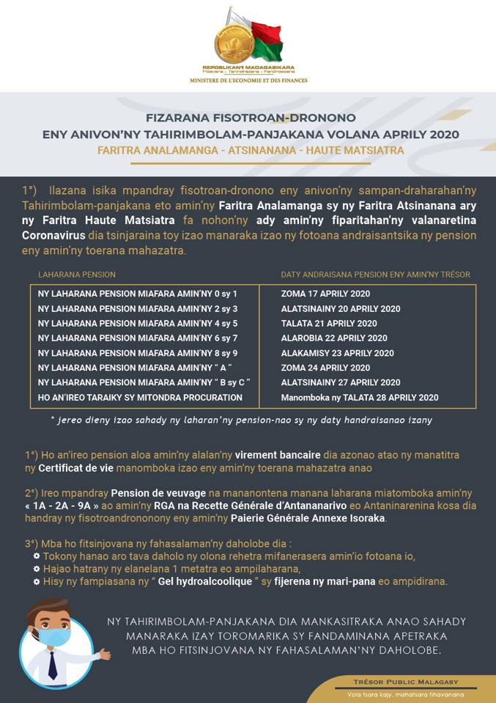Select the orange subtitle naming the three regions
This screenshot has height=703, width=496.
(250, 149)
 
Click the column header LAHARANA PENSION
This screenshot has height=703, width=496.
(77, 275)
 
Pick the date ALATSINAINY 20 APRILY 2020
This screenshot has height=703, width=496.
(341, 308)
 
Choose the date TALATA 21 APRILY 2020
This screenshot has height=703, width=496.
(329, 323)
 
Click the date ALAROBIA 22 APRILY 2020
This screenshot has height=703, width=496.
(334, 338)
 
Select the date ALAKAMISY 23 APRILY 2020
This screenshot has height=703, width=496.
(337, 353)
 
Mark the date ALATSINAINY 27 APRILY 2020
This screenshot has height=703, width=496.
(341, 382)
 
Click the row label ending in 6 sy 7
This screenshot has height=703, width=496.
(138, 338)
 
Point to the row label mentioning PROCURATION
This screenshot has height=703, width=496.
(140, 397)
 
